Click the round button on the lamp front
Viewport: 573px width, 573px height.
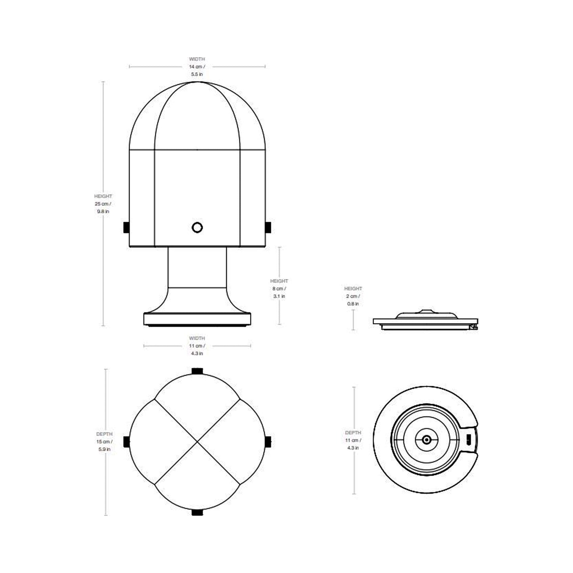197,227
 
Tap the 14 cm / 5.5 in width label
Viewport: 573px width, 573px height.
197,67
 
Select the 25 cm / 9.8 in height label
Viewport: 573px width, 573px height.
103,204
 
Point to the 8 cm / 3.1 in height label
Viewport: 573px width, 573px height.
280,289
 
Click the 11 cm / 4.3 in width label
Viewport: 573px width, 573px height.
197,346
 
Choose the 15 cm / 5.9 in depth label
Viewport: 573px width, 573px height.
104,442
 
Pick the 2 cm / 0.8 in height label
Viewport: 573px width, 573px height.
353,296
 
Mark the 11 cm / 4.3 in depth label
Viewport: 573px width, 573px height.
353,440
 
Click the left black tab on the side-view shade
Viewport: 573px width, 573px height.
126,227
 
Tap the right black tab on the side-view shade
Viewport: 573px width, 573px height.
268,227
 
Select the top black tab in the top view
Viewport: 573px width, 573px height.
197,371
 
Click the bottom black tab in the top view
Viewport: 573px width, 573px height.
197,512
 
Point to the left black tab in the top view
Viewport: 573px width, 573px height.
126,441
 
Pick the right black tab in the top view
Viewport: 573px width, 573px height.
268,441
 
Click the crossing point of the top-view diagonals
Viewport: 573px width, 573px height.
197,441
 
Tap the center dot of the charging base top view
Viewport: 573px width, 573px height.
426,439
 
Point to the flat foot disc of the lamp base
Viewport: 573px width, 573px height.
197,319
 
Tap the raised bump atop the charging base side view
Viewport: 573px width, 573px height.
424,311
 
